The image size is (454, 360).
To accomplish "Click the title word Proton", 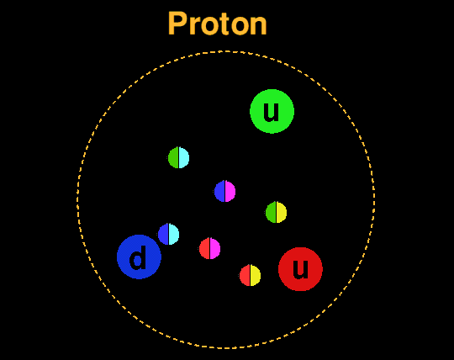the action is [x=217, y=24].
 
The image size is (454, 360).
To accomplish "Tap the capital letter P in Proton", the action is [x=177, y=24].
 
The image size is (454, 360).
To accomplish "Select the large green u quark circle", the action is [x=272, y=111].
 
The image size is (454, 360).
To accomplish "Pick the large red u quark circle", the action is [x=300, y=269].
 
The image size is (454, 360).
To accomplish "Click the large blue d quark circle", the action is [x=139, y=257].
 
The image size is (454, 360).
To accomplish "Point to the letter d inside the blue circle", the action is [x=138, y=257].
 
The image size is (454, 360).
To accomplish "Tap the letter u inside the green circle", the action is [x=272, y=112].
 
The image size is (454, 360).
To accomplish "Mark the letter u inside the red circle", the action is [x=300, y=270].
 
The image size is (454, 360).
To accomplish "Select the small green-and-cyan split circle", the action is [x=178, y=157].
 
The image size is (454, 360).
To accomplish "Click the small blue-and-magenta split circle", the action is [x=225, y=191].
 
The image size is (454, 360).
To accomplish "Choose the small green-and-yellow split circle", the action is [x=277, y=212].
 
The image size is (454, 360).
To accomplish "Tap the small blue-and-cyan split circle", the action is [x=168, y=234].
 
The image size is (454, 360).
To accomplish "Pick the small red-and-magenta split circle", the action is [x=209, y=248].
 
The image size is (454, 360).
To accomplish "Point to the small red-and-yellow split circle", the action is [x=251, y=275].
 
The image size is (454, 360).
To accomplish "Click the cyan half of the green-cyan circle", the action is [x=184, y=158].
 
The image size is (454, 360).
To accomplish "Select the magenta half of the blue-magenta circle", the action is [x=230, y=192].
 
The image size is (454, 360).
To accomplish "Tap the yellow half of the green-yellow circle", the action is [x=282, y=213].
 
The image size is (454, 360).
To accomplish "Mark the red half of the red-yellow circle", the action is [x=245, y=275].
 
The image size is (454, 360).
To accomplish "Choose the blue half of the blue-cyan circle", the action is [x=163, y=234].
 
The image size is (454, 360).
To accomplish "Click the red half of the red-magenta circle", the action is [x=204, y=248].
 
